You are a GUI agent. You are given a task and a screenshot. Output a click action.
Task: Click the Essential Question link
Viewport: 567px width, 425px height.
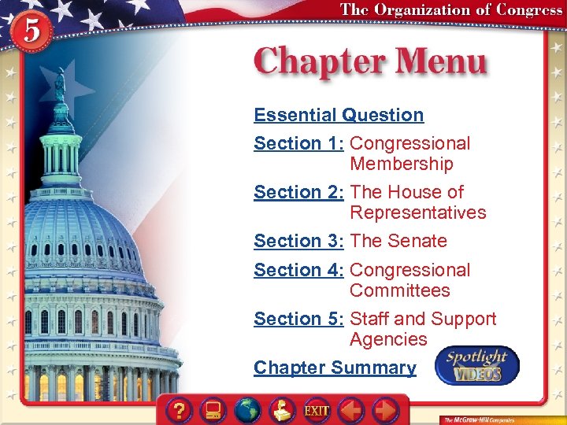click(x=339, y=115)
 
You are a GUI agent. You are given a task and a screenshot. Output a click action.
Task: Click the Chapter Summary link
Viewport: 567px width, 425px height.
click(x=335, y=368)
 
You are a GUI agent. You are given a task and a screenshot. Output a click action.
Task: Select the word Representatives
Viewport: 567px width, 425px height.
click(x=418, y=213)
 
